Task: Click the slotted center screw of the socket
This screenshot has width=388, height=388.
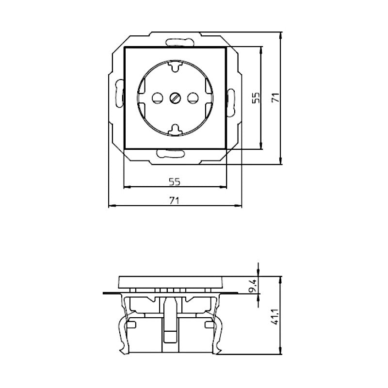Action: pos(175,98)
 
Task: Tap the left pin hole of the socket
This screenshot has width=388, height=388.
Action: pos(157,98)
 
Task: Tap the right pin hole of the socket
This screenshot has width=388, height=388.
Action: pos(193,98)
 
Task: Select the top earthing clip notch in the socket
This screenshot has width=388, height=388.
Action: pos(175,66)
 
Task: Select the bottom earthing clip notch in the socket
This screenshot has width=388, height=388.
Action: pos(175,129)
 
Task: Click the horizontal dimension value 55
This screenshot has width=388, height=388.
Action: pos(175,182)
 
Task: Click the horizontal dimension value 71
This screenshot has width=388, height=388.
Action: pos(175,200)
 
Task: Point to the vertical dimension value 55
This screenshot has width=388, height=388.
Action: pos(256,97)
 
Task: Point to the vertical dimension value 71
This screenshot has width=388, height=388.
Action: pos(275,97)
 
